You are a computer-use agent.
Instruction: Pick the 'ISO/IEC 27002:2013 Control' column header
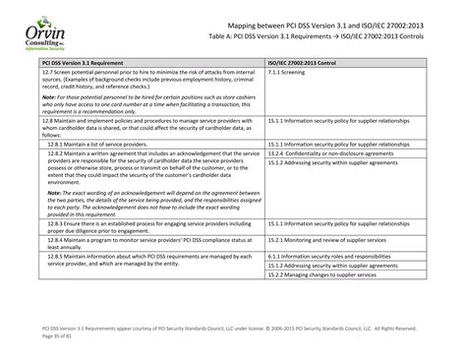coord(311,62)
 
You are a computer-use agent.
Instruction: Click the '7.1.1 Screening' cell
coord(286,72)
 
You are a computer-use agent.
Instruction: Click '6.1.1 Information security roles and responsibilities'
coord(330,255)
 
